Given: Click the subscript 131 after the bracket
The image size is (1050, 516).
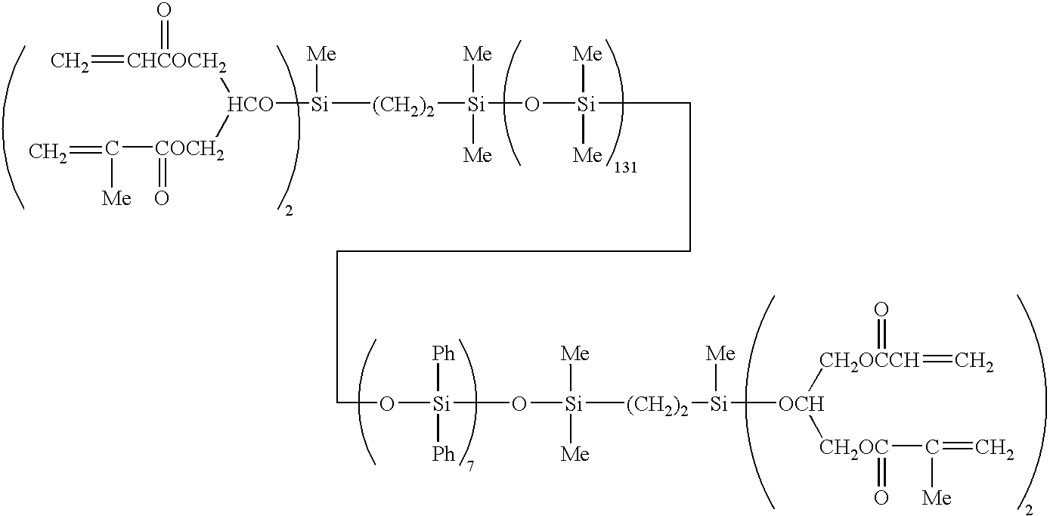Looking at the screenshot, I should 625,168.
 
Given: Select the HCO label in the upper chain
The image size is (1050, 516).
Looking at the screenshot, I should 250,105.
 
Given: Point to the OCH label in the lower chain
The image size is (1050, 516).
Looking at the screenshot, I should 801,404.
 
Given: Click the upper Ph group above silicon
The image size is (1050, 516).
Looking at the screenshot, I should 443,354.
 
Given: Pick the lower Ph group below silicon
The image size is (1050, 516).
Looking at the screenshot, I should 443,454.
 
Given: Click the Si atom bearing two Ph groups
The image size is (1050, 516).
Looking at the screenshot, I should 441,404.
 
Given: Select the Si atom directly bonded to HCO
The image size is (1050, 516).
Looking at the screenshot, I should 320,105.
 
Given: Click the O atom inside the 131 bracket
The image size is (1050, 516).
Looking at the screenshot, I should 531,105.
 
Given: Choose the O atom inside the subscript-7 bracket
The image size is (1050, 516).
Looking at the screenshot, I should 386,404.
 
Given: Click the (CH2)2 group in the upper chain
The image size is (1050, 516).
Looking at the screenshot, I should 403,106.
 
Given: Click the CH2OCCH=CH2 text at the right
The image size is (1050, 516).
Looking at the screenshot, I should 905,363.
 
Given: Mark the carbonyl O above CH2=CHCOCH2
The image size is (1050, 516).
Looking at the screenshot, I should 163,11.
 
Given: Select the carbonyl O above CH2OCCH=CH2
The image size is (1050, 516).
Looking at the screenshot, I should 880,309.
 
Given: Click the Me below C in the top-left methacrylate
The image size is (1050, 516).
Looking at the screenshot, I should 116,198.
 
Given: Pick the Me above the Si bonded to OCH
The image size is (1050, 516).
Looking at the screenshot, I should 720,353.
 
